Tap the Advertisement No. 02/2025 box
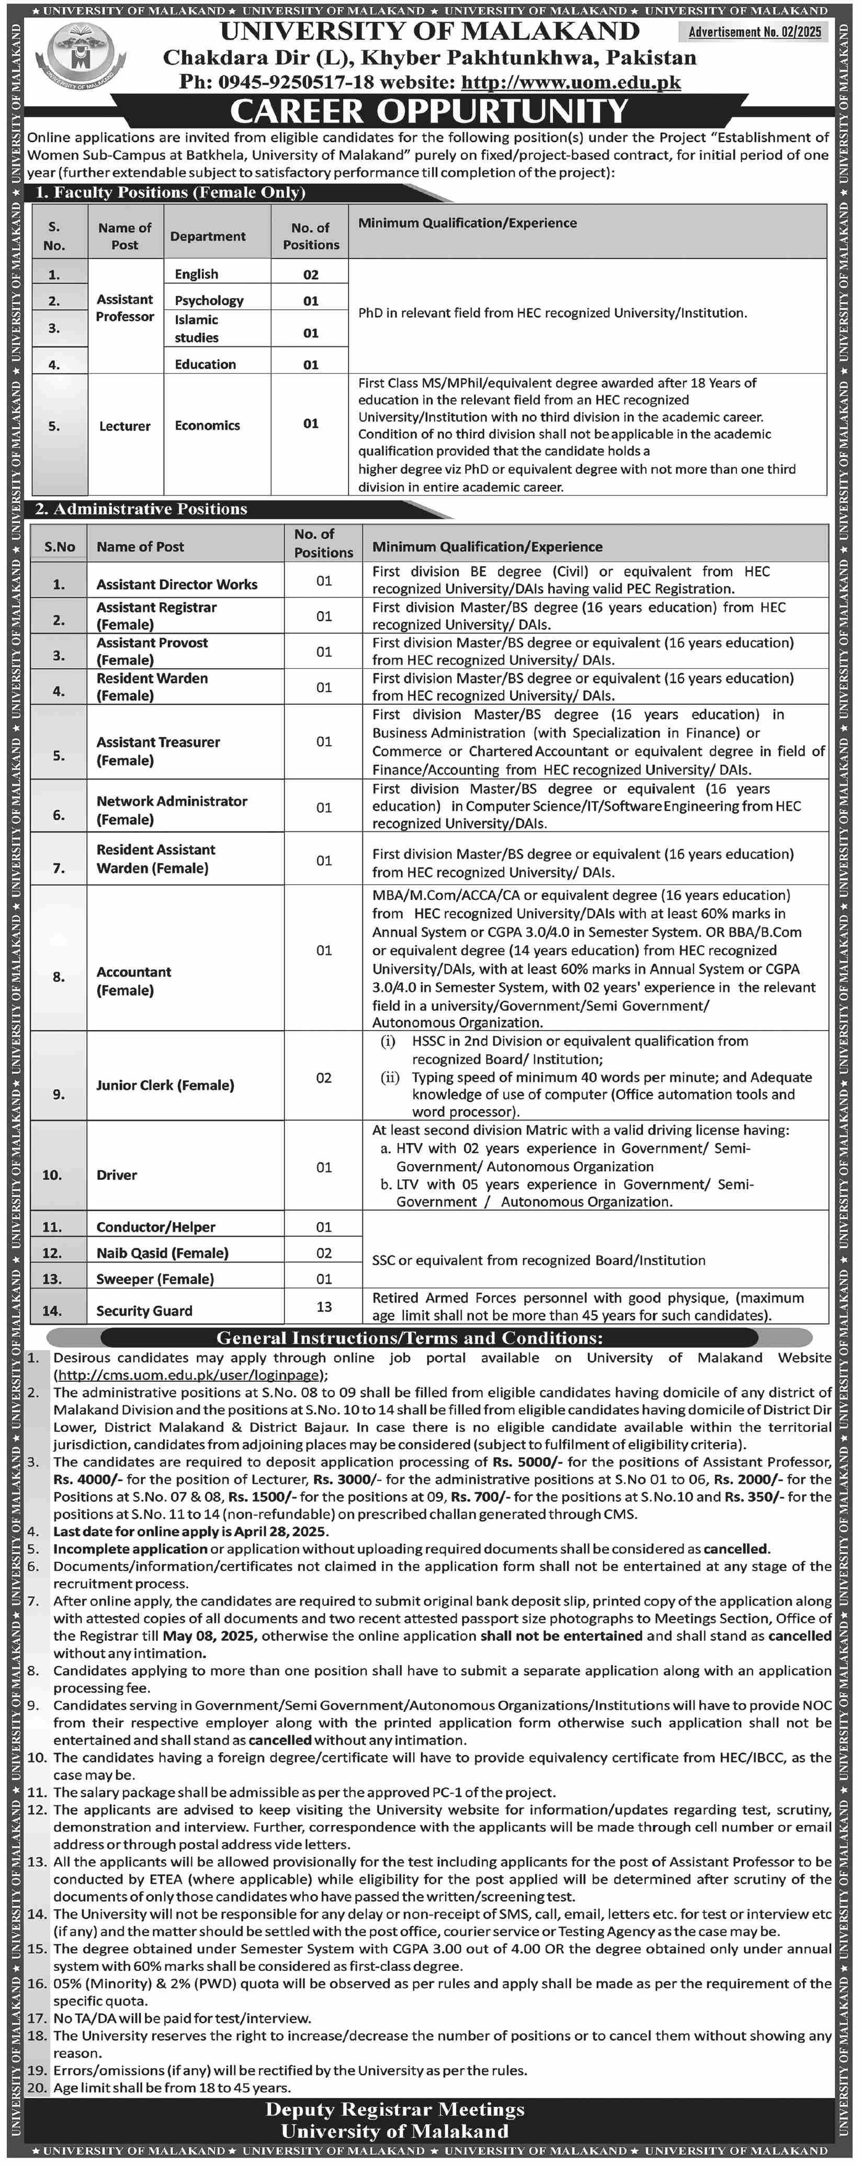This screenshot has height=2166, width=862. pos(754,32)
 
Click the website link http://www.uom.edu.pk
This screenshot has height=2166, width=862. pos(571,83)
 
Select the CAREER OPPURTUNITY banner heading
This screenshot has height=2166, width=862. pos(429,111)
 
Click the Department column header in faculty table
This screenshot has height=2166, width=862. pos(208,236)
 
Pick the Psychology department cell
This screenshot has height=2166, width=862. pos(209,300)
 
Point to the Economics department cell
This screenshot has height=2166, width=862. pos(207,425)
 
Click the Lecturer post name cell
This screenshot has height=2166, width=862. pos(124,426)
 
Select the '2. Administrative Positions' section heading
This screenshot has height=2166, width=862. pos(141,509)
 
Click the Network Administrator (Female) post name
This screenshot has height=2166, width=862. pos(172,810)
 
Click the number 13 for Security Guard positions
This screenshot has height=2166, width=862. pos(324,1307)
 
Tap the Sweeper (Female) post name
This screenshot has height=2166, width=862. pos(155,1279)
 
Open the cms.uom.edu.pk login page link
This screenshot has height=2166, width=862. pos(189,1375)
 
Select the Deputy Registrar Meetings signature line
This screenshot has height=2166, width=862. pos(394,2109)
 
